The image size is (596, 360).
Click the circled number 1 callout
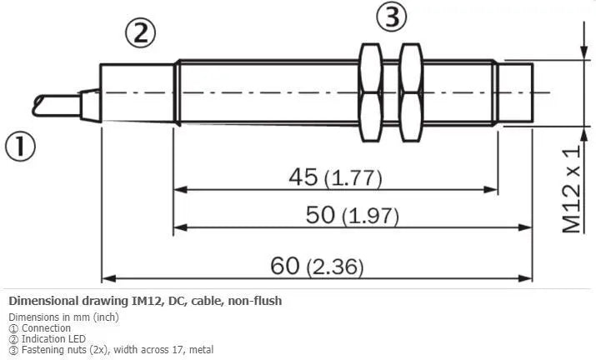pyautogui.click(x=20, y=147)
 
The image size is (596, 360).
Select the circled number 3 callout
pyautogui.click(x=392, y=17)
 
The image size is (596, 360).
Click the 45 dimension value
pyautogui.click(x=303, y=177)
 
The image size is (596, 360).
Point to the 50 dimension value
pyautogui.click(x=320, y=214)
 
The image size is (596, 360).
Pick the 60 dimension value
pyautogui.click(x=285, y=266)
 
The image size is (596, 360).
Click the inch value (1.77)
pyautogui.click(x=353, y=178)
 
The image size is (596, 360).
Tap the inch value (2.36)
pyautogui.click(x=335, y=267)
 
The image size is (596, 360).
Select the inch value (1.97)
pyautogui.click(x=371, y=216)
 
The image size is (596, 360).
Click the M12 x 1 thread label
pyautogui.click(x=572, y=188)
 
